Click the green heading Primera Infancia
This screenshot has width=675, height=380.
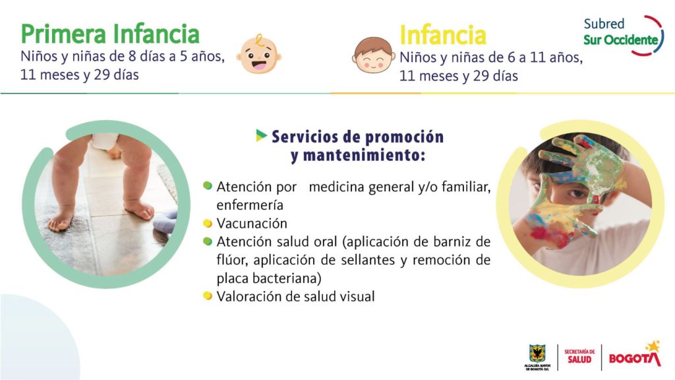click(x=110, y=34)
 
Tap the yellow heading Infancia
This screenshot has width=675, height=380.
click(x=443, y=35)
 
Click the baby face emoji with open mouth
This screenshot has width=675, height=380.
click(x=258, y=54)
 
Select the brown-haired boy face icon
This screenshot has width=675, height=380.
click(x=374, y=55)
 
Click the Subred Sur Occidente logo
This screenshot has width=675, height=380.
click(x=624, y=36)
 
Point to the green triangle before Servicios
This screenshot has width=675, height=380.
click(x=261, y=135)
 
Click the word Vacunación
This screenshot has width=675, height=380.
click(x=252, y=223)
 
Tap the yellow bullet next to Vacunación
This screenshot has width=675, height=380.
click(x=208, y=223)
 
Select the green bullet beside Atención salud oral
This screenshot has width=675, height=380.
click(x=208, y=241)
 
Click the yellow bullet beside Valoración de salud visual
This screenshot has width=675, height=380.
click(x=208, y=296)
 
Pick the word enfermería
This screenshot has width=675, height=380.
click(x=250, y=205)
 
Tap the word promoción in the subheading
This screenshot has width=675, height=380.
click(x=404, y=137)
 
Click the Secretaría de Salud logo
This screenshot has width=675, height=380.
click(x=579, y=357)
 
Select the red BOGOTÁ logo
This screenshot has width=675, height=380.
click(x=635, y=355)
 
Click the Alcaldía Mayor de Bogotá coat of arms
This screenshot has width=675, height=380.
click(x=537, y=354)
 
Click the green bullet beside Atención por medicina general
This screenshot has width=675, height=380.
click(x=208, y=185)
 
